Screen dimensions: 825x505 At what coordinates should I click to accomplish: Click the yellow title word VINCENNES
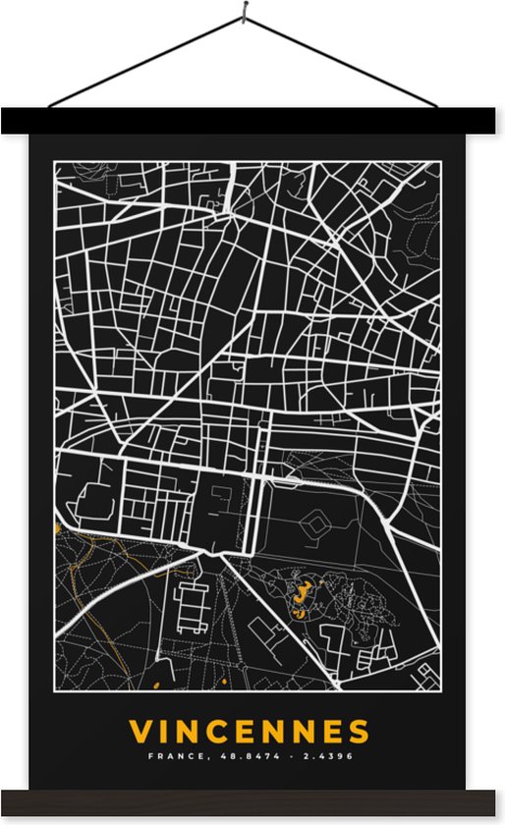click(x=251, y=732)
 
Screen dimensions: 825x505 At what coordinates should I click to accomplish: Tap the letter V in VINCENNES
click(x=141, y=732)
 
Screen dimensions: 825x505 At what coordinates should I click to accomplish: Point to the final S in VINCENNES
click(x=360, y=732)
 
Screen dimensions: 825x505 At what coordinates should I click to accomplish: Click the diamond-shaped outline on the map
click(x=316, y=528)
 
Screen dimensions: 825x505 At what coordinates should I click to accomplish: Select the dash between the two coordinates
click(x=285, y=756)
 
